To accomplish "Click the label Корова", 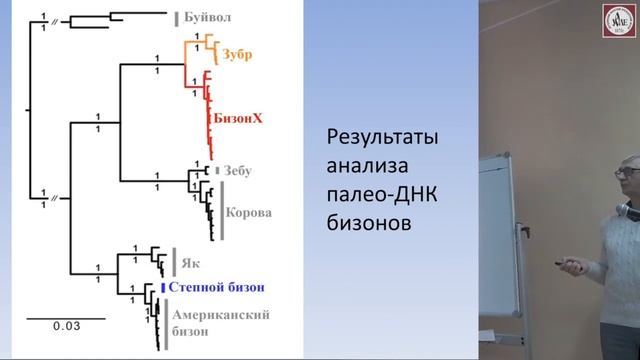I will [x=249, y=213].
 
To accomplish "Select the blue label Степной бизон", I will [x=216, y=287].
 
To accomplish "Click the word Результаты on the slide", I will [x=384, y=137].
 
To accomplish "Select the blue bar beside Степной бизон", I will [x=162, y=287].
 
